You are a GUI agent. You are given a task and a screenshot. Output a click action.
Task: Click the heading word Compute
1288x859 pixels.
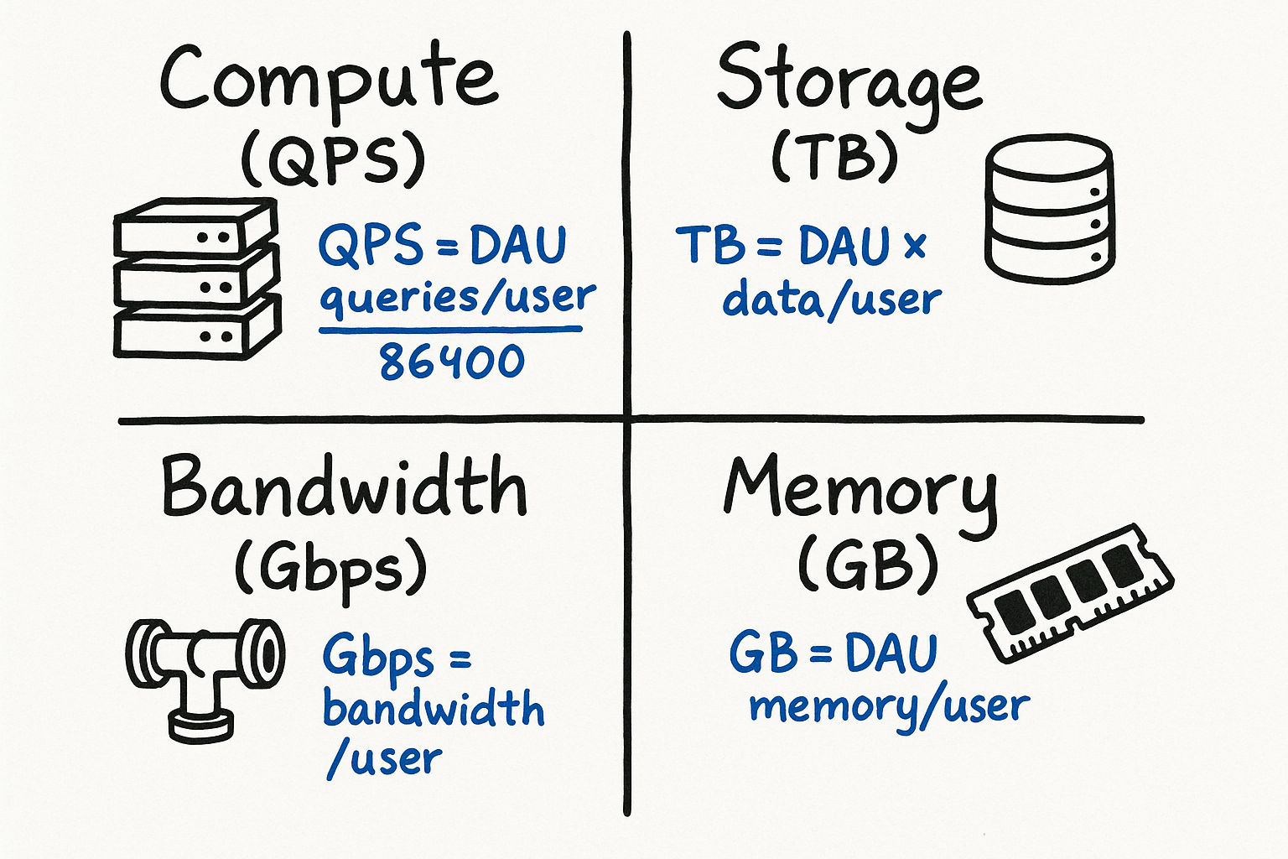coord(329,80)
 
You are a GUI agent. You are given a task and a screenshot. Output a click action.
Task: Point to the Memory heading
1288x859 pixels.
coord(860,492)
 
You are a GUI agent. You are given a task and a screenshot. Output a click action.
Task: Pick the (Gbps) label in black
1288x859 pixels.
coord(330,568)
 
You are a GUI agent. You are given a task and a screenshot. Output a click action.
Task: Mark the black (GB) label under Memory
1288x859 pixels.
coord(866,564)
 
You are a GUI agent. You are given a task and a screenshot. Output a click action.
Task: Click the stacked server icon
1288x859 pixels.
coord(195,279)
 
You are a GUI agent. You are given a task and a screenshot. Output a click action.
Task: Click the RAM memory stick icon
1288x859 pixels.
coord(1069,591)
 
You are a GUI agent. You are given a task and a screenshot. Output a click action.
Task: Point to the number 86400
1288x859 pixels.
coord(451,362)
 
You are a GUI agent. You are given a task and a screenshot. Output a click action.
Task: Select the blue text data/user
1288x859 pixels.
coord(832,299)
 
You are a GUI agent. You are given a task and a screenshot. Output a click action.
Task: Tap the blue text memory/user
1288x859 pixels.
coord(889,707)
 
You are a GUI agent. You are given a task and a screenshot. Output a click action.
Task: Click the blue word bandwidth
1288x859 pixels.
coord(434,710)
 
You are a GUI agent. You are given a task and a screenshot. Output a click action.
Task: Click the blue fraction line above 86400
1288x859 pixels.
coord(450,330)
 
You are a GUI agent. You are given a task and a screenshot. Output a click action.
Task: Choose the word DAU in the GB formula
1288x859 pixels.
coord(891,653)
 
